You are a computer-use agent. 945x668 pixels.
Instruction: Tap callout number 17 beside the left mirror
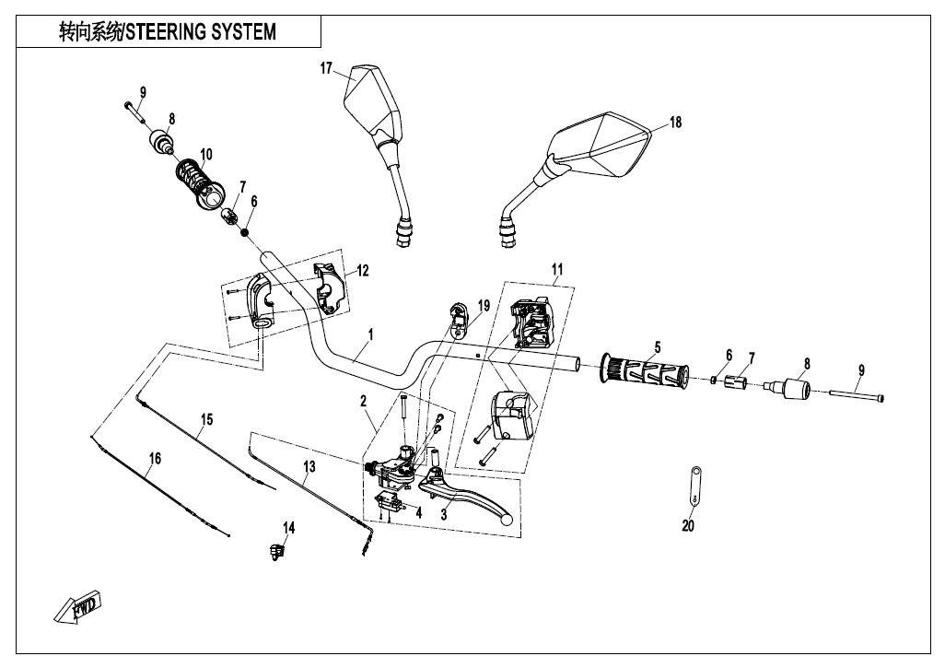coord(326,68)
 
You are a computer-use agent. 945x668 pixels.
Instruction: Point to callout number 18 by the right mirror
coord(675,123)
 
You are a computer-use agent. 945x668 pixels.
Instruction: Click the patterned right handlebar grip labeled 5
coord(645,372)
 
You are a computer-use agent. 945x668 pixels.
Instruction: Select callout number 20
coord(688,526)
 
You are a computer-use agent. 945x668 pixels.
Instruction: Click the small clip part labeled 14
coord(274,550)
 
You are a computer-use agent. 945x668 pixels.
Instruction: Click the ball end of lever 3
coord(505,519)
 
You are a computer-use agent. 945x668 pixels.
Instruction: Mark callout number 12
coord(363,270)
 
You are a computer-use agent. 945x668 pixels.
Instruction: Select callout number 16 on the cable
coord(155,458)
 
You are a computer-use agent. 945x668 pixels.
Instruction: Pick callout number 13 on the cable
coord(309,467)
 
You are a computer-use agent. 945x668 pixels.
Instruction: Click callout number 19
coord(483,304)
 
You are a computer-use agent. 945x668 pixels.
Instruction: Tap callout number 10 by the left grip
coord(205,153)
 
